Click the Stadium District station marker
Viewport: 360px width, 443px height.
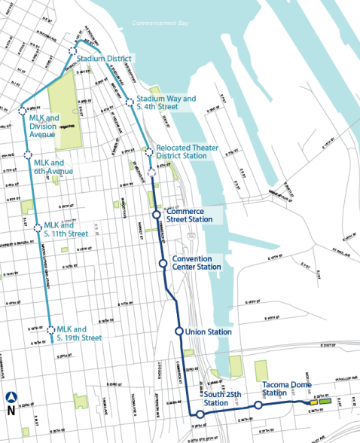72,51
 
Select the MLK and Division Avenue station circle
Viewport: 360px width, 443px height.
22,112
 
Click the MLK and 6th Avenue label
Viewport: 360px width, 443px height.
52,167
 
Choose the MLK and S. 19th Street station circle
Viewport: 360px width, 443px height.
51,330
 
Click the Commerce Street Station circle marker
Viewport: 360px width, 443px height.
157,215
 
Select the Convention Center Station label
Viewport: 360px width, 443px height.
197,262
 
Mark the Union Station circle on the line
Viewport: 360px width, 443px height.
179,331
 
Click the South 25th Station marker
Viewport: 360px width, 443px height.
200,414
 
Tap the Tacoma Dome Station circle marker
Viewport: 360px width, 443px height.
258,405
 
